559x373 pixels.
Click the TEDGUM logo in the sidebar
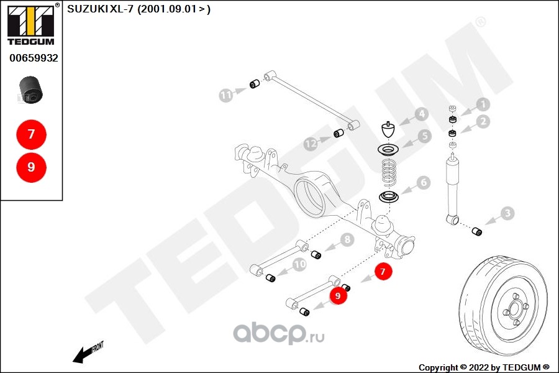pos(31,24)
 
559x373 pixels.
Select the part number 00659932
pos(34,58)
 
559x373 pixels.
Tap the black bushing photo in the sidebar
pos(30,90)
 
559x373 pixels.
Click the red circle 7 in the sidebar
pos(32,134)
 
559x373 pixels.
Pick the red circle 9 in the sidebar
pos(32,167)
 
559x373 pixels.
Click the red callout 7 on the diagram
pos(383,271)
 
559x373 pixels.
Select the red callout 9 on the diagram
pos(338,295)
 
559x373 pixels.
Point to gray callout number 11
pos(225,95)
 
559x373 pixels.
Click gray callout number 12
pos(311,144)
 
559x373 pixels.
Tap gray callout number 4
pos(422,114)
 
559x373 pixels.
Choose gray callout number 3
pos(507,213)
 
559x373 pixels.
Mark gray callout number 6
pos(424,182)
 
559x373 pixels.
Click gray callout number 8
pos(347,239)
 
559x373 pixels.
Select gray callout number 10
pos(299,264)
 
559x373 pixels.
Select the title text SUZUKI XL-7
pos(100,9)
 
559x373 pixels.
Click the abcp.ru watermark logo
pos(279,333)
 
